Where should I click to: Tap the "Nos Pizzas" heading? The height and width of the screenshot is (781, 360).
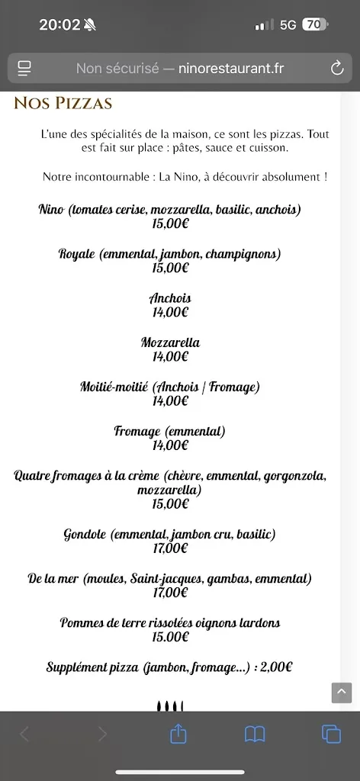tap(63, 103)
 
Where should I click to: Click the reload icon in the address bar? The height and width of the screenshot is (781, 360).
tap(337, 69)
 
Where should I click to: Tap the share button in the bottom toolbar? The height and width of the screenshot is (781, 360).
tap(178, 734)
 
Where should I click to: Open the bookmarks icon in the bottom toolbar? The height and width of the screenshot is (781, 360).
tap(255, 734)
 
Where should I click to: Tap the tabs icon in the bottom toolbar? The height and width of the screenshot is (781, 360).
tap(331, 734)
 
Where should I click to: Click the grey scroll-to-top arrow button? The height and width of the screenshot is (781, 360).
tap(341, 693)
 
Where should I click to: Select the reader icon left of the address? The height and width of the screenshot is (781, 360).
tap(24, 69)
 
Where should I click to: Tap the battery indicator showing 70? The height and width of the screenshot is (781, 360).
tap(314, 24)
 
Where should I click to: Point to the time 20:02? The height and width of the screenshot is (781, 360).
tap(59, 24)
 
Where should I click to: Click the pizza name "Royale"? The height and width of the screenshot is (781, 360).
tap(76, 254)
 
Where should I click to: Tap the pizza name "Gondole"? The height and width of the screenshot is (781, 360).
tap(85, 535)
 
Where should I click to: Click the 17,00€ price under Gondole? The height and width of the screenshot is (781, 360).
tap(170, 548)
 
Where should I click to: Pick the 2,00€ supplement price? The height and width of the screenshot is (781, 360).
tap(276, 667)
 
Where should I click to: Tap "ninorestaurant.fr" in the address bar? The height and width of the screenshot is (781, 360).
tap(230, 69)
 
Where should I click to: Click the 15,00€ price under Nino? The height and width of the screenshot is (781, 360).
tap(170, 223)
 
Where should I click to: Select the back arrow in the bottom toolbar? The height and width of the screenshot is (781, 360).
tap(24, 734)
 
